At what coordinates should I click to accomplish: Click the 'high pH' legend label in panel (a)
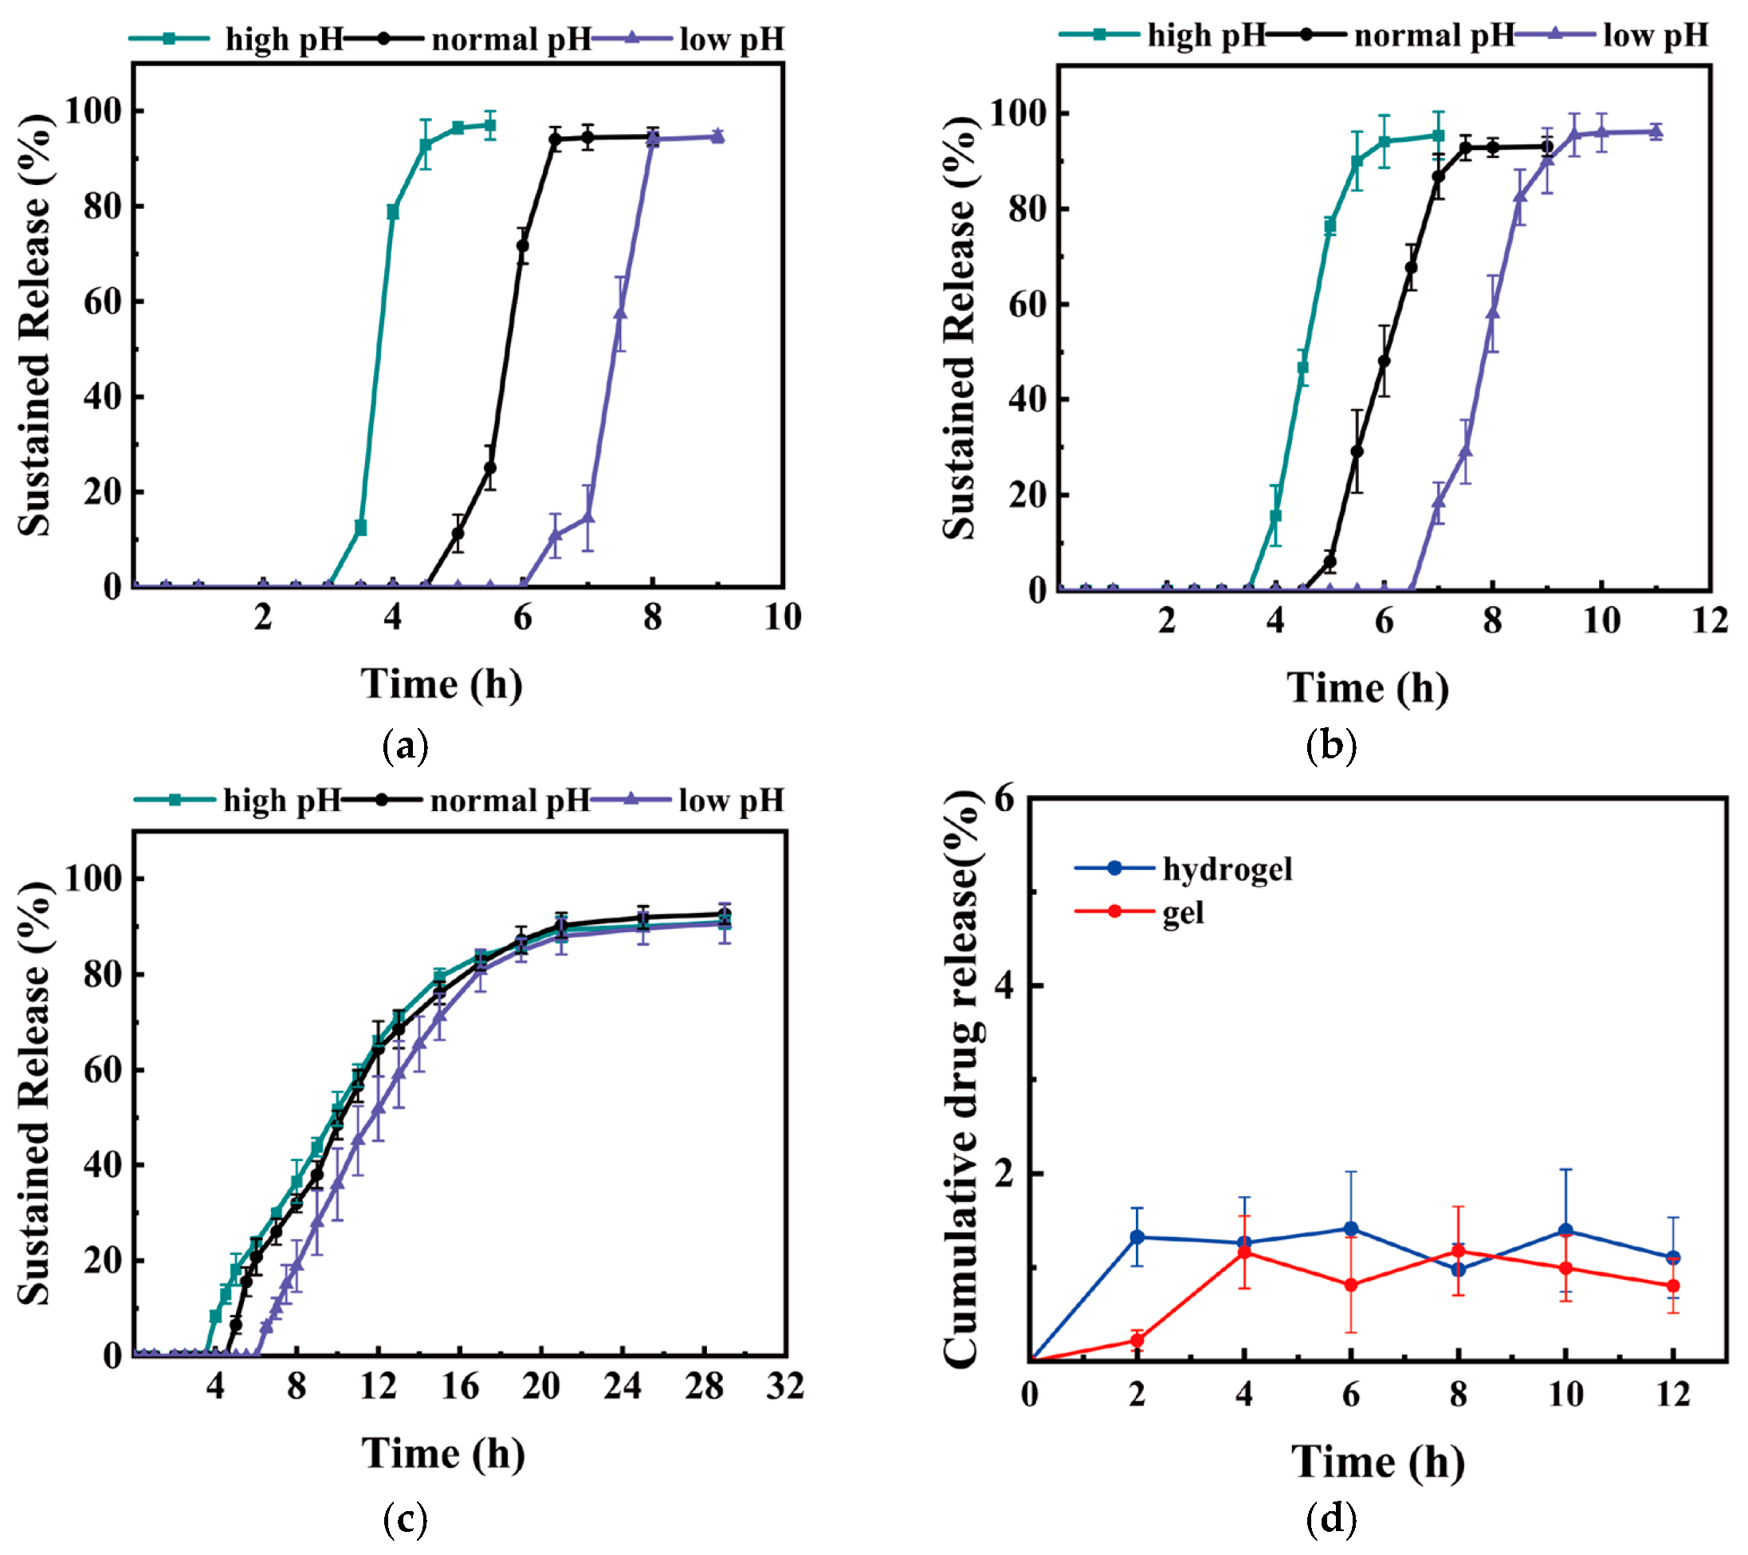pyautogui.click(x=285, y=39)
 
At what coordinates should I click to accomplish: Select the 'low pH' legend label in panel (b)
pyautogui.click(x=1656, y=35)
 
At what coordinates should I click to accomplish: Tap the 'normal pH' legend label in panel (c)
pyautogui.click(x=511, y=801)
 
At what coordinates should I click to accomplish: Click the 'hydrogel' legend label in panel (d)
pyautogui.click(x=1228, y=869)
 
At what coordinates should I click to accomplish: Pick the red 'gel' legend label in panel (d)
pyautogui.click(x=1183, y=914)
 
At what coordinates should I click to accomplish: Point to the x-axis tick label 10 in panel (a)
pyautogui.click(x=783, y=616)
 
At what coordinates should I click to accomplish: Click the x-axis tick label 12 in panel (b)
pyautogui.click(x=1711, y=620)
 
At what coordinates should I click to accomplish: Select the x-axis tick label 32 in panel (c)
pyautogui.click(x=785, y=1386)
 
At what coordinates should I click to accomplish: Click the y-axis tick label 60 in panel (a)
pyautogui.click(x=102, y=302)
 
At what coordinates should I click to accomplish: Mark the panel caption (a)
pyautogui.click(x=406, y=746)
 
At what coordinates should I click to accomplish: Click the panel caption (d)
pyautogui.click(x=1331, y=1519)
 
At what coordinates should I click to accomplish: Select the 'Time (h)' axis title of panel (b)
pyautogui.click(x=1369, y=687)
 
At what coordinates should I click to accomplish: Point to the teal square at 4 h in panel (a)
pyautogui.click(x=392, y=212)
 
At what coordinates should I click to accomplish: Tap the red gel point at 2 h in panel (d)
pyautogui.click(x=1137, y=1340)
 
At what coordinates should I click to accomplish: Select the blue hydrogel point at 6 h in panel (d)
pyautogui.click(x=1351, y=1229)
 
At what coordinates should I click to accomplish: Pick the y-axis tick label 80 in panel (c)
pyautogui.click(x=102, y=974)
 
